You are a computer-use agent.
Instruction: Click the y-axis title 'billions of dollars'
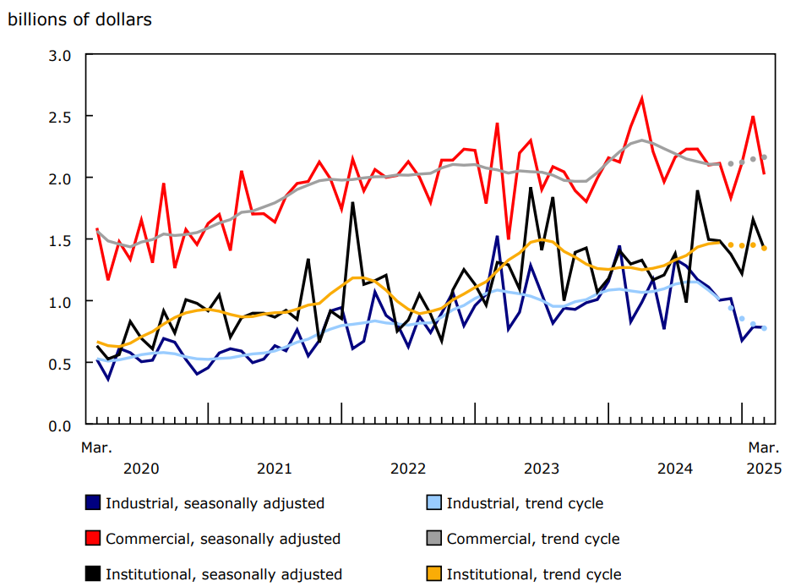79,19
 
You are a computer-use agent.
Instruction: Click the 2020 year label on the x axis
140,468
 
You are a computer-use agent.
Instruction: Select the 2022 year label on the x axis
408,468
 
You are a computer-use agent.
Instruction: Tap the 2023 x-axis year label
542,468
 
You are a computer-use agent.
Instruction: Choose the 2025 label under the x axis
764,468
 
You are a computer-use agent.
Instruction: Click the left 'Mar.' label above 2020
96,446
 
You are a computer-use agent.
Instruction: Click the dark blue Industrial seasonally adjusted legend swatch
93,503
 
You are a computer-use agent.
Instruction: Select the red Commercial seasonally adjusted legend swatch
93,539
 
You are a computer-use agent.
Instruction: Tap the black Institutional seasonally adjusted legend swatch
93,574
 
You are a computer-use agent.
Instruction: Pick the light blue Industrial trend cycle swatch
433,503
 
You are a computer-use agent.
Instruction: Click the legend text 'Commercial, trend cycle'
532,539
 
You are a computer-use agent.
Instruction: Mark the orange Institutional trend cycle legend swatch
433,574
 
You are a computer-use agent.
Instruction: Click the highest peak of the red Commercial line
642,99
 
